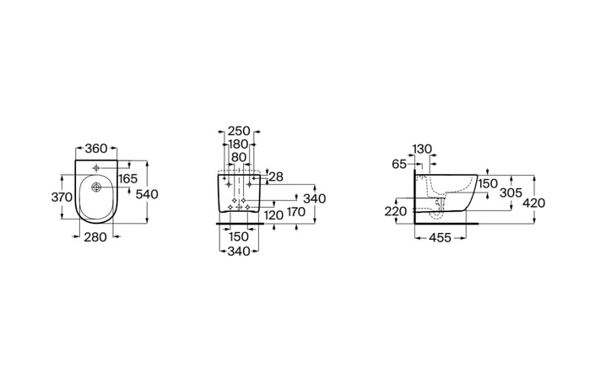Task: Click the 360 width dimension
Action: pos(96,149)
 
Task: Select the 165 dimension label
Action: pos(127,178)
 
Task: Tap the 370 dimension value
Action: pos(62,197)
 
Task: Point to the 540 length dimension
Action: pos(147,194)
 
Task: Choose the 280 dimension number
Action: pos(95,237)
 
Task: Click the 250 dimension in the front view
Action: pos(239,132)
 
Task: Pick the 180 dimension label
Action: pos(237,144)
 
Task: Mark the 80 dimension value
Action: pos(239,157)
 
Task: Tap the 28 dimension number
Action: pos(276,176)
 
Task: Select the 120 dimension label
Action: pos(273,215)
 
